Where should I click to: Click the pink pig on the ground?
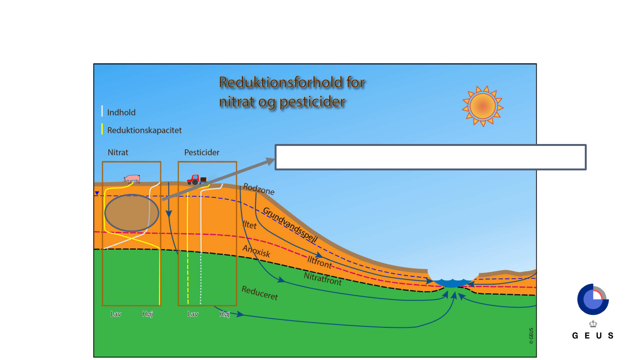(132, 179)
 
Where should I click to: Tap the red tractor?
(194, 180)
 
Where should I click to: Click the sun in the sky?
(483, 106)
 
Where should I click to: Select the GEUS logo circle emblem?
(592, 300)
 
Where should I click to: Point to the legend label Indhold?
(121, 113)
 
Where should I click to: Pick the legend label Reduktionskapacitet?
(144, 130)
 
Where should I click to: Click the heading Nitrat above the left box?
(118, 153)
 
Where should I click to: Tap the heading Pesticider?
(202, 153)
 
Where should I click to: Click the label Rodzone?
(259, 189)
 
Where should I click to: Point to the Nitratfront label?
(323, 278)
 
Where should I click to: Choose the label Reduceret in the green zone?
(260, 293)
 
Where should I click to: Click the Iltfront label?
(320, 262)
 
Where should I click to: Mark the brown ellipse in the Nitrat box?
(132, 213)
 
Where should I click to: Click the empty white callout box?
(430, 157)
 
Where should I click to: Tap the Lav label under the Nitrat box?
(116, 314)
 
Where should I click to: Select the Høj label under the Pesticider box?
(224, 314)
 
